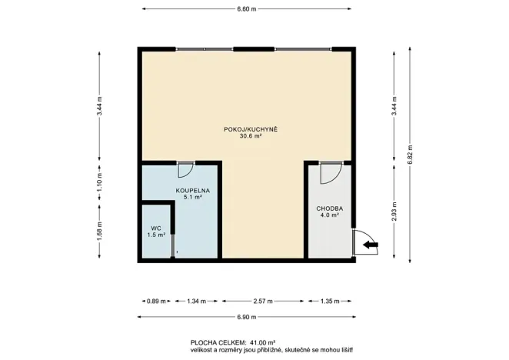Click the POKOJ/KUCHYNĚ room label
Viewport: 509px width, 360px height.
(251, 128)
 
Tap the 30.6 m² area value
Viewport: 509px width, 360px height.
(251, 136)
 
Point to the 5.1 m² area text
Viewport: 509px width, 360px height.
(193, 198)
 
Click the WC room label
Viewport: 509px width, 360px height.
(155, 228)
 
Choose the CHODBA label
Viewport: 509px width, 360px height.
(329, 209)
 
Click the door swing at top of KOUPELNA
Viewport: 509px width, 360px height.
(185, 169)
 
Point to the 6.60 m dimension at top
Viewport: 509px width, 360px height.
(245, 9)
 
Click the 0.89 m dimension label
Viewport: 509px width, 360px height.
(156, 302)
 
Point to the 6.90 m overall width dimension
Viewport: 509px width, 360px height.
(245, 318)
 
